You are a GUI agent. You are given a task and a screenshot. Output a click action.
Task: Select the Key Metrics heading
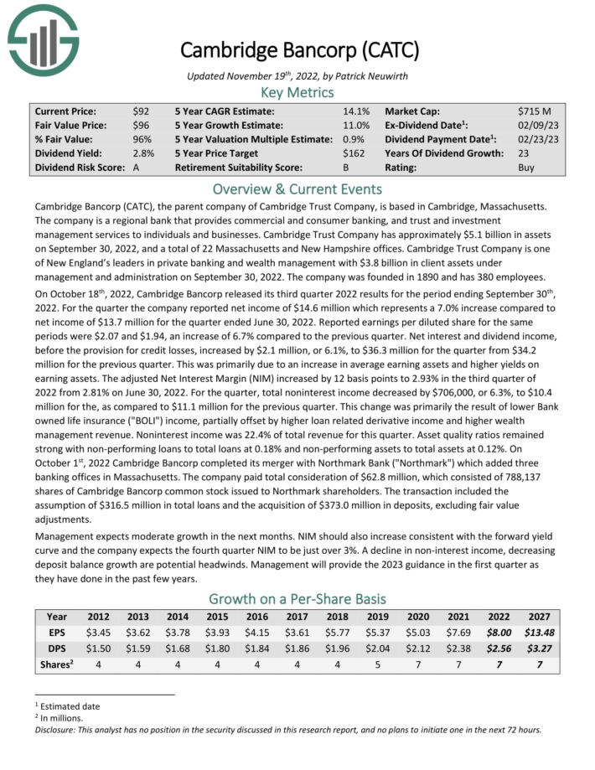[297, 92]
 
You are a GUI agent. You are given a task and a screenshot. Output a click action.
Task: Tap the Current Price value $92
[142, 111]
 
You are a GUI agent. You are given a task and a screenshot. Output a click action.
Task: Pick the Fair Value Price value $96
[142, 125]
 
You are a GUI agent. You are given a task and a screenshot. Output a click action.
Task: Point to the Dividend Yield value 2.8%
[143, 153]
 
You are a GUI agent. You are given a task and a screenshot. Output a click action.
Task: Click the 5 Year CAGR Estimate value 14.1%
[356, 111]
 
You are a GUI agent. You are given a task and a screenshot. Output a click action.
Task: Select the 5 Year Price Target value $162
[355, 153]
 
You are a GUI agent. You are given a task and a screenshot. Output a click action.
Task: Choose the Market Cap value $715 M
[535, 111]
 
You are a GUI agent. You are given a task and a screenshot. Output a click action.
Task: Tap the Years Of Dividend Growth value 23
[525, 153]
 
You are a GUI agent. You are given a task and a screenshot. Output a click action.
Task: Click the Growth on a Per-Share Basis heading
[297, 598]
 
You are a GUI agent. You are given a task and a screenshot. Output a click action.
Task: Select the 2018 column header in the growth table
[339, 618]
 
